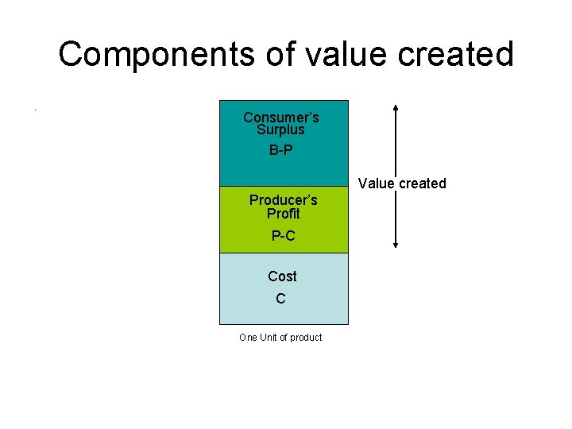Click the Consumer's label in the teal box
(281, 118)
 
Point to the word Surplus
(281, 129)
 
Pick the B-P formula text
(281, 149)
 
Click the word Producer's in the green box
(283, 200)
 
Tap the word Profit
(283, 214)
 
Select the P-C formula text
(283, 235)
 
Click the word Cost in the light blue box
(282, 276)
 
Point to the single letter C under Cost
(280, 299)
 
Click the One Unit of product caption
(280, 338)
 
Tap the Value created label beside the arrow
(402, 184)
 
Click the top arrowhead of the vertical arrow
(396, 107)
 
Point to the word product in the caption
(306, 338)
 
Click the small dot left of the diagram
(36, 109)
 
